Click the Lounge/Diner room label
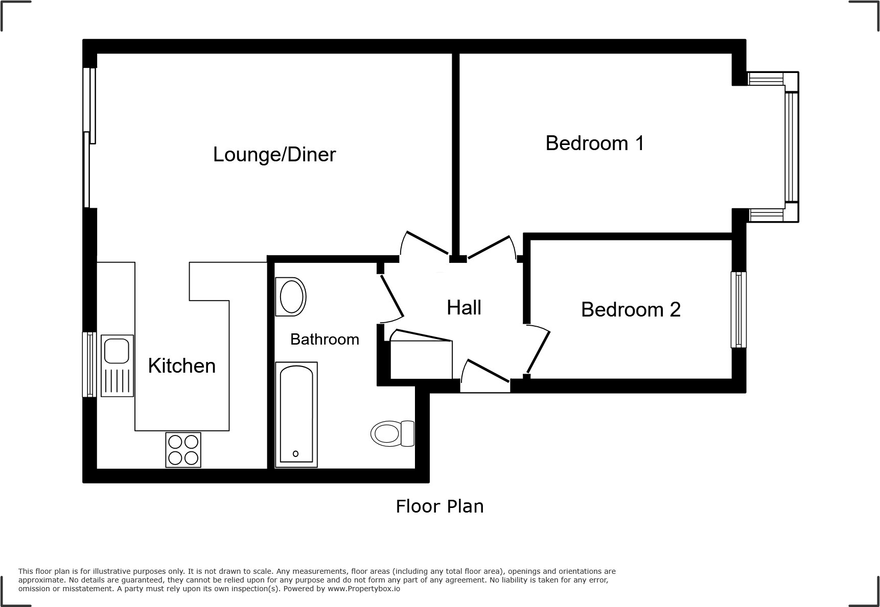(274, 155)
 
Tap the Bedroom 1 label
(594, 143)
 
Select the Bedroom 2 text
(631, 309)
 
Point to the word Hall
(464, 308)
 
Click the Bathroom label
(325, 339)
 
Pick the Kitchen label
(181, 366)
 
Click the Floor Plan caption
(439, 506)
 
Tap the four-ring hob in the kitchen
(183, 450)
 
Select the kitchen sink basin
(117, 350)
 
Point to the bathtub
(296, 414)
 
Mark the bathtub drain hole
(295, 453)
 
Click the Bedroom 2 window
(738, 310)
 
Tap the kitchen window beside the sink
(89, 364)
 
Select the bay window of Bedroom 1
(791, 147)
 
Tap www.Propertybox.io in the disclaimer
(364, 589)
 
